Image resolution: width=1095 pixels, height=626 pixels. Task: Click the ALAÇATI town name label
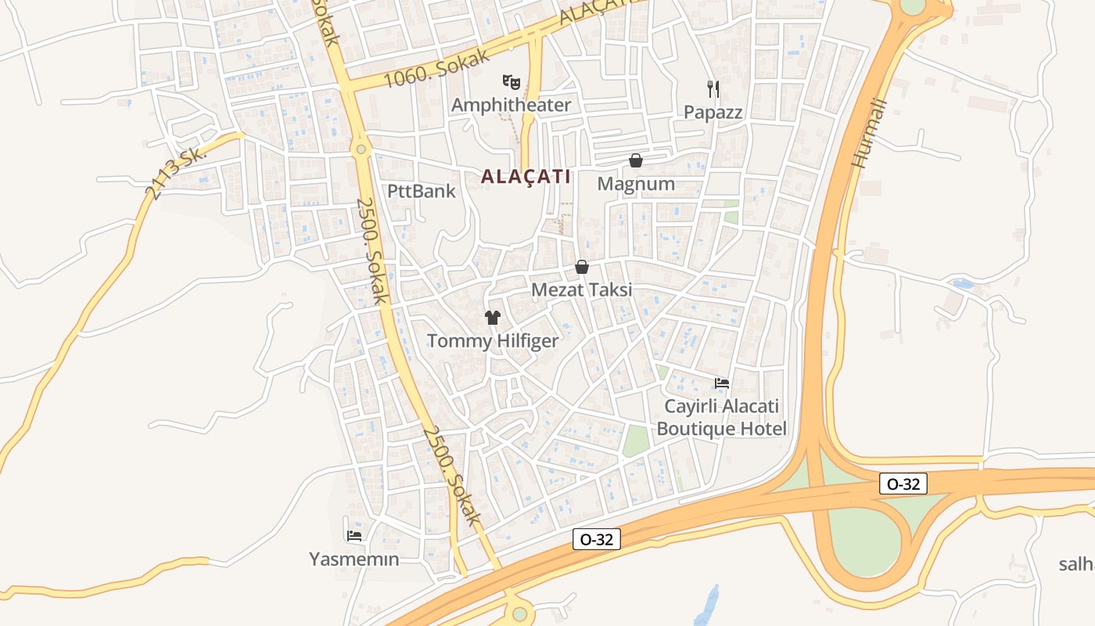pos(526,177)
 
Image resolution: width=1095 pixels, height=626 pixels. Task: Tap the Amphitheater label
pos(512,105)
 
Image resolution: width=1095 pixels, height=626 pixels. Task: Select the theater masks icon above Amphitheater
pos(512,81)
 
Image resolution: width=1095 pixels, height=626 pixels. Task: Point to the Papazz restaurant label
pos(713,112)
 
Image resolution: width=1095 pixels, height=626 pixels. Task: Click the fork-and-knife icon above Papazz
pos(713,88)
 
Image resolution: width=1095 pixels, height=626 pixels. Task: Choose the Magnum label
pos(636,184)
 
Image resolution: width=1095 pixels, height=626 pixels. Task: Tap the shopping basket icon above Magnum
pos(636,160)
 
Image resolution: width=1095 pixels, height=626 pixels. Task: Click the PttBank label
pos(422,191)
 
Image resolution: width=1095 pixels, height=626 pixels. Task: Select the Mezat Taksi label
pos(581,290)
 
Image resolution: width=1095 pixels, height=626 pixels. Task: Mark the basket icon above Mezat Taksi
pos(581,267)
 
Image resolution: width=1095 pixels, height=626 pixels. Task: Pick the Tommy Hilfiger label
pos(493,341)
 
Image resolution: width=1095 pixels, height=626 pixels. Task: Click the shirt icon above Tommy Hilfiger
pos(493,317)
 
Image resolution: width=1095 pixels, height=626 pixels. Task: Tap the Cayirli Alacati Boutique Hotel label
pos(721,418)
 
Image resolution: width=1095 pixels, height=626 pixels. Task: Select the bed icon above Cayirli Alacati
pos(722,383)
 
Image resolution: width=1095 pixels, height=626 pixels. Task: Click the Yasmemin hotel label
pos(354,559)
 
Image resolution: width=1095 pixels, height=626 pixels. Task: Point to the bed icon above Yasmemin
pos(354,536)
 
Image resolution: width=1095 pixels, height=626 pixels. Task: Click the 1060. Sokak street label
pos(437,68)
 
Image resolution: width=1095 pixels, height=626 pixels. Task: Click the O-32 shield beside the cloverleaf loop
pos(903,484)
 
